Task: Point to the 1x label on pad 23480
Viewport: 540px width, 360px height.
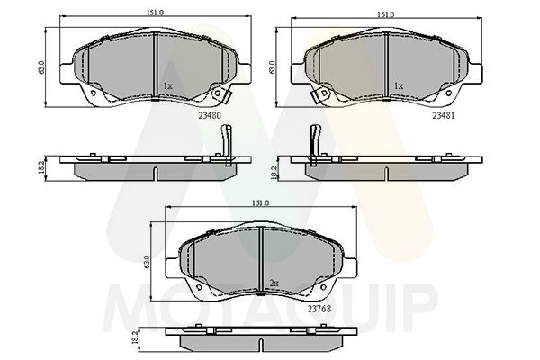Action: pyautogui.click(x=166, y=86)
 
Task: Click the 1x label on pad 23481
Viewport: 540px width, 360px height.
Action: pyautogui.click(x=398, y=86)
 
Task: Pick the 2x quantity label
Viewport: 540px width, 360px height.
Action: pyautogui.click(x=273, y=283)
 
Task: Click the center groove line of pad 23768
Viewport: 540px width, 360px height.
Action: pyautogui.click(x=260, y=260)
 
